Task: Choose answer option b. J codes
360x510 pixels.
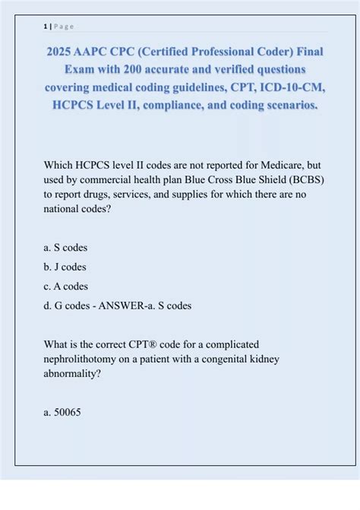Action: pyautogui.click(x=65, y=267)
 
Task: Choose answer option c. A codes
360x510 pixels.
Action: pyautogui.click(x=66, y=287)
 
